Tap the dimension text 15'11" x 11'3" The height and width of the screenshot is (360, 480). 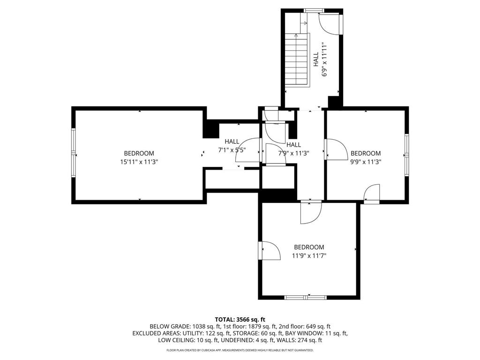[x=139, y=162]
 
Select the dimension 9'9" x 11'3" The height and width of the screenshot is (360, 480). [x=366, y=162]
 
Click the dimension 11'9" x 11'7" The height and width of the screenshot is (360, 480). [x=309, y=255]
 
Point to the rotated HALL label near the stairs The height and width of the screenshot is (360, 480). [x=316, y=59]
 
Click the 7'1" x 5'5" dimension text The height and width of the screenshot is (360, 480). [x=232, y=150]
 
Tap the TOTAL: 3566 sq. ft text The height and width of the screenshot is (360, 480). [x=240, y=320]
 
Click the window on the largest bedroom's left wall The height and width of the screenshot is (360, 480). [x=74, y=153]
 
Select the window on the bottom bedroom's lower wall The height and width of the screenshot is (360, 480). [x=305, y=297]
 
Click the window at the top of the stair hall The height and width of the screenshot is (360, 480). [x=314, y=11]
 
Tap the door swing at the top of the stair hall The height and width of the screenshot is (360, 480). [x=330, y=24]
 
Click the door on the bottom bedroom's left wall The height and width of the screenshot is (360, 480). [x=270, y=251]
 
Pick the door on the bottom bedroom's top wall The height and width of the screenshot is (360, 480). [x=311, y=212]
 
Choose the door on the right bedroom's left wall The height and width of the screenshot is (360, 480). [x=336, y=150]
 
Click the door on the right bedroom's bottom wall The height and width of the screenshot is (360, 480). [x=372, y=194]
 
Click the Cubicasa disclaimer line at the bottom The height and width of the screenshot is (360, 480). [x=240, y=350]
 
